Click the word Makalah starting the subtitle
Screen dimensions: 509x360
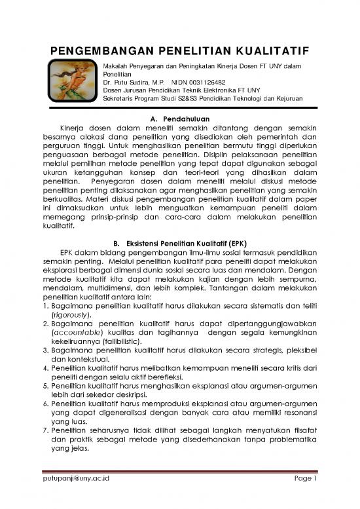pyautogui.click(x=118, y=66)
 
